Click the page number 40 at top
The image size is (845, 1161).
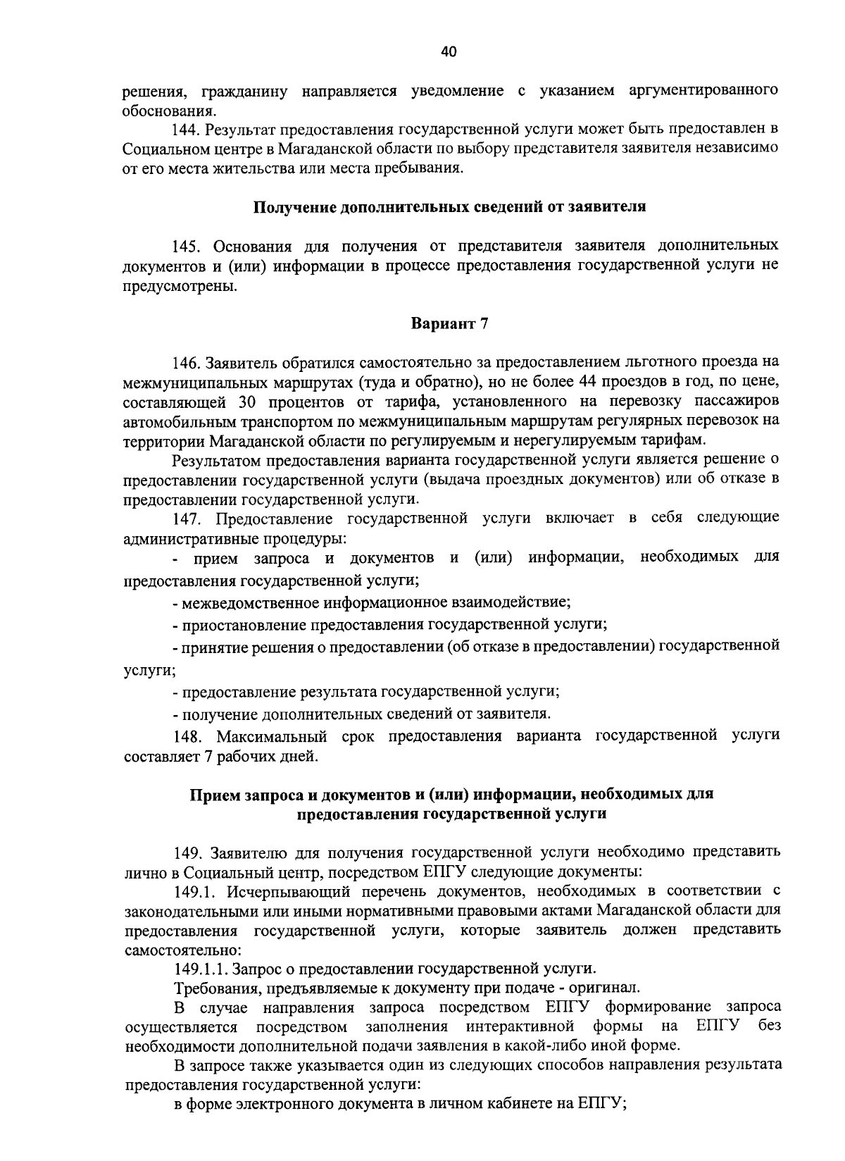coord(449,51)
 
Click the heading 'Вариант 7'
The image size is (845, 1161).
coord(449,324)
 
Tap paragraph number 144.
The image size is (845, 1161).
coord(187,130)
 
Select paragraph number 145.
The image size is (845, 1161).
coord(187,246)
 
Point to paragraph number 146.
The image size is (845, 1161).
coord(187,363)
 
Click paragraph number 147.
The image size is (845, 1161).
coord(187,519)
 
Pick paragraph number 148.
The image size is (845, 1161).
coord(187,736)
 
